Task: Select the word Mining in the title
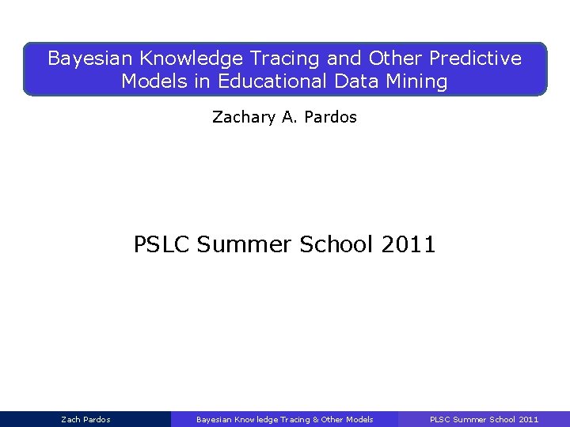pos(420,81)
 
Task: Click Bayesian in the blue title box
pos(88,59)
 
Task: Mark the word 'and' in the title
pos(345,59)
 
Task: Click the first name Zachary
pos(243,118)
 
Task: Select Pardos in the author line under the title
pos(330,118)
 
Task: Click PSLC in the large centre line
pos(162,244)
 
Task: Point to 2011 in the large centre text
pos(408,244)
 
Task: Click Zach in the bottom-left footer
pos(70,420)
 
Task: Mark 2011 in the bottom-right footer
pos(528,420)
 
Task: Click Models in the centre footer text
pos(359,420)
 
